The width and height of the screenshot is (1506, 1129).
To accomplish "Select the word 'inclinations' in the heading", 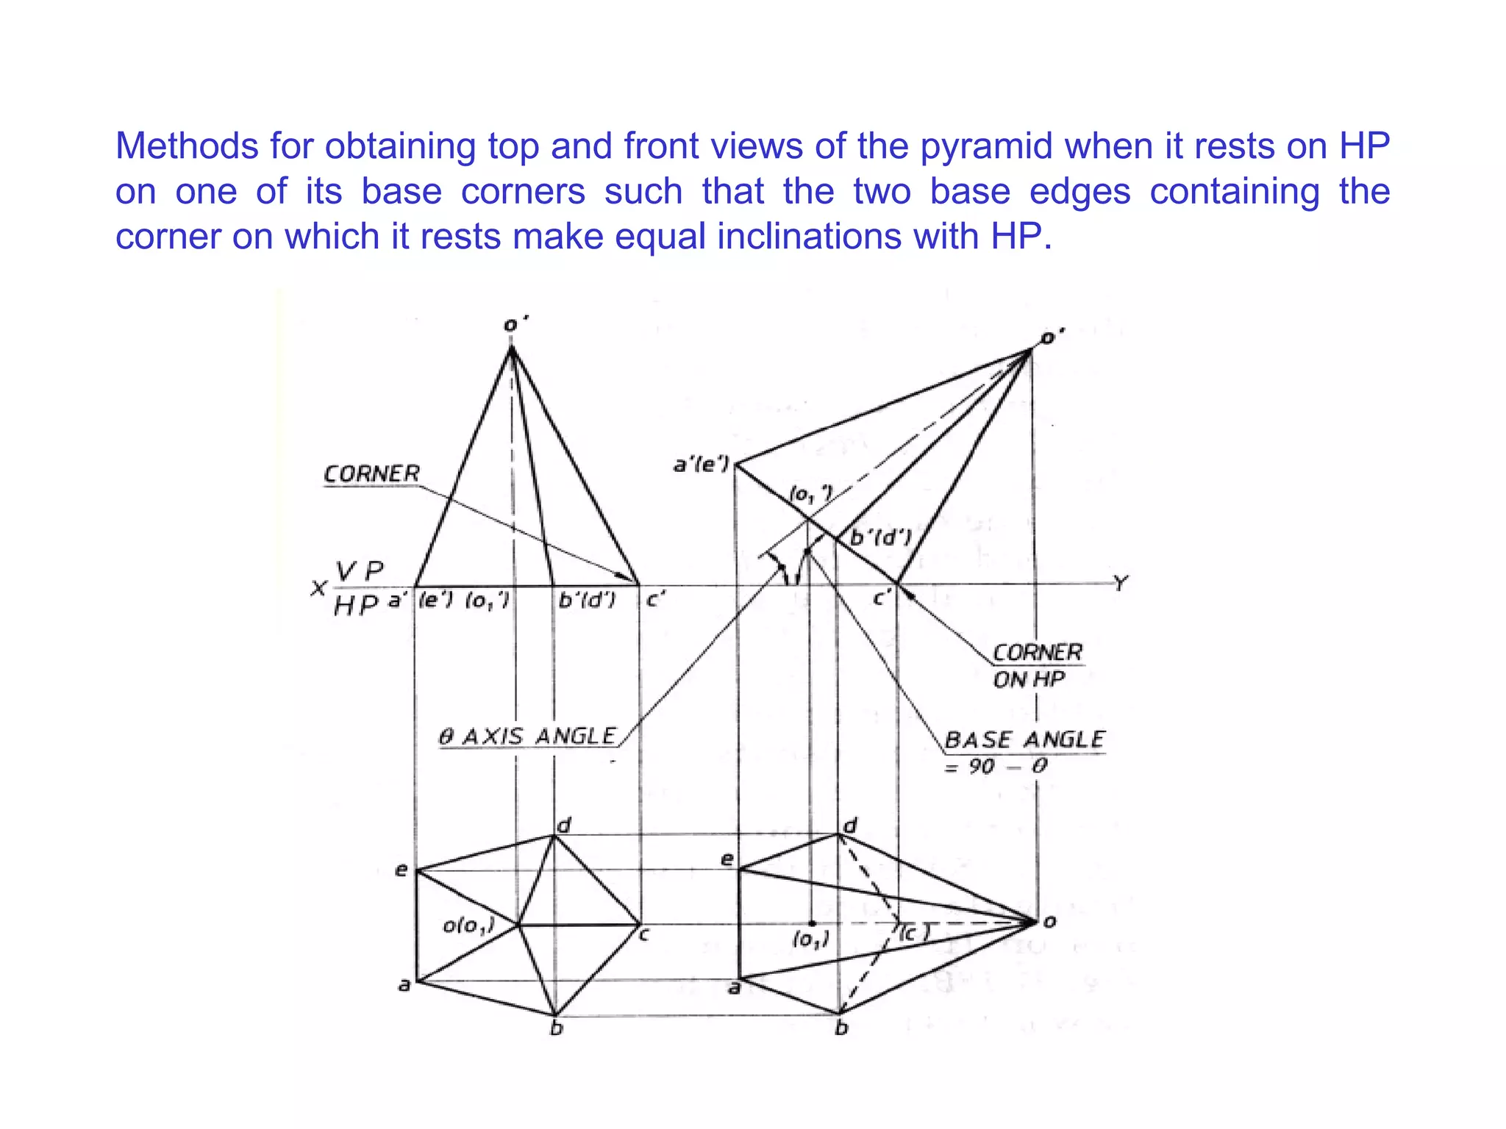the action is (810, 237).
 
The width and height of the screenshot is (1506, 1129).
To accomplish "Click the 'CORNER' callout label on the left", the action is (372, 474).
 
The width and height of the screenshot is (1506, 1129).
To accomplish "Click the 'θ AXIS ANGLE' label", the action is (528, 736).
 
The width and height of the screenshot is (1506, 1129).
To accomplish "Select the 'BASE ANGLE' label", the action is (1024, 739).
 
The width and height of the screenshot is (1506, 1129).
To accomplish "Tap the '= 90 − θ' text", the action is (996, 767).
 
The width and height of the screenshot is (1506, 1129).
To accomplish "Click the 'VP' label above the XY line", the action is (360, 570).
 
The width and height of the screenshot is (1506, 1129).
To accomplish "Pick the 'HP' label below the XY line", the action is (356, 606).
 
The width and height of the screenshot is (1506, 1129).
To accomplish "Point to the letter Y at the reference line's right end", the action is (1120, 584).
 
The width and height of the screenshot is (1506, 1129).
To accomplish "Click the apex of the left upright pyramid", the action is (512, 348).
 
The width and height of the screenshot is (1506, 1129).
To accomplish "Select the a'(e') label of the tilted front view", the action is (702, 465).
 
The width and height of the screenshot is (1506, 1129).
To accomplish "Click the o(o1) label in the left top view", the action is (468, 925).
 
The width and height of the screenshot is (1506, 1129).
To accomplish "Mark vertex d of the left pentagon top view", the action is (554, 835).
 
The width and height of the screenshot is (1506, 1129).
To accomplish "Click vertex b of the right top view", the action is (839, 1014).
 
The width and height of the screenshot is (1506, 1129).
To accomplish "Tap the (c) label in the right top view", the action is (914, 933).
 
